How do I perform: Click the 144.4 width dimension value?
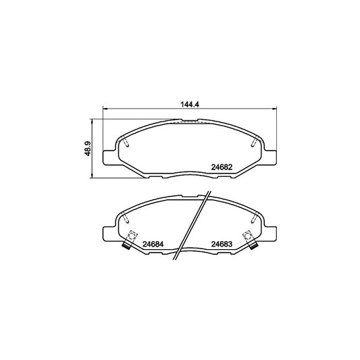[x=190, y=104]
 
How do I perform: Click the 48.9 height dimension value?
[x=88, y=149]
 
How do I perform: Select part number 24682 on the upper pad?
[x=222, y=167]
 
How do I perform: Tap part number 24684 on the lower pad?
[x=153, y=244]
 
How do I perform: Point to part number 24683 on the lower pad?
[x=222, y=244]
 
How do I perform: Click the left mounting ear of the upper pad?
[x=108, y=157]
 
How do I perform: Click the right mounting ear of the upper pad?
[x=270, y=157]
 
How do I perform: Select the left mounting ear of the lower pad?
[x=108, y=234]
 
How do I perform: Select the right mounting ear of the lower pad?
[x=270, y=234]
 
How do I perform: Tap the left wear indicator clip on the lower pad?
[x=130, y=240]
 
